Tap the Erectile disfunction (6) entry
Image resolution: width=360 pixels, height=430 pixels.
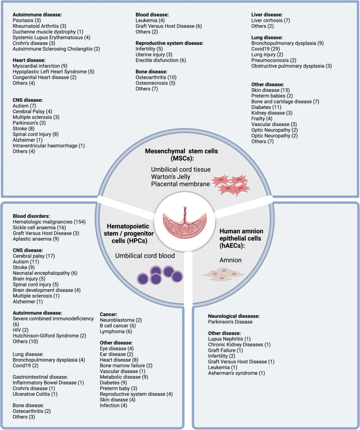pos(161,60)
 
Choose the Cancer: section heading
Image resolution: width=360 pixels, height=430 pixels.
pos(109,312)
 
